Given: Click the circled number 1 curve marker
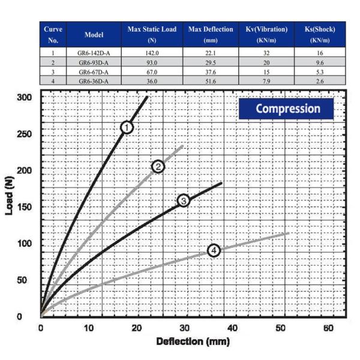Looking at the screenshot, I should tap(127, 127).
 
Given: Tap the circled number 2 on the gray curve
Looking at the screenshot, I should tap(158, 166).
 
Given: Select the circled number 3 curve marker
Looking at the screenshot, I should tap(184, 200).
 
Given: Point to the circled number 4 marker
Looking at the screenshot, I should tap(214, 250).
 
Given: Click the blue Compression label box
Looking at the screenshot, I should tap(287, 109).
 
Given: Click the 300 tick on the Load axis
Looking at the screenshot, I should tap(23, 97).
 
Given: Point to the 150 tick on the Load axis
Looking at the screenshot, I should tap(23, 207).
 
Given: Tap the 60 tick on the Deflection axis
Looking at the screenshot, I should tap(328, 329).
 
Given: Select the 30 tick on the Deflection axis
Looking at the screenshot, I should tap(184, 329).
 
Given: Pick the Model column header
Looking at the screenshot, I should tap(94, 35).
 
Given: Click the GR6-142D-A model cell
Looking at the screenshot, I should tap(94, 53).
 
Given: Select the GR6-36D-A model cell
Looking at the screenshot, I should tap(94, 80).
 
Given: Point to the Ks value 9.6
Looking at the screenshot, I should tap(320, 62).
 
